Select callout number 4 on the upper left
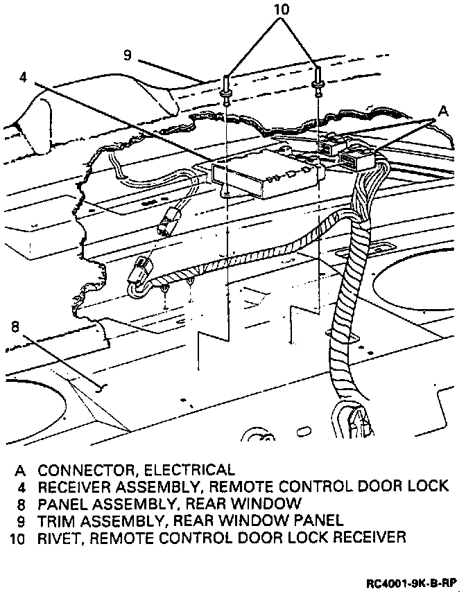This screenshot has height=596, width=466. coord(24,77)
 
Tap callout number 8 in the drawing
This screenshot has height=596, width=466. coord(16,326)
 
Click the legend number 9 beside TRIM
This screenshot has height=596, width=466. coord(22,520)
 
